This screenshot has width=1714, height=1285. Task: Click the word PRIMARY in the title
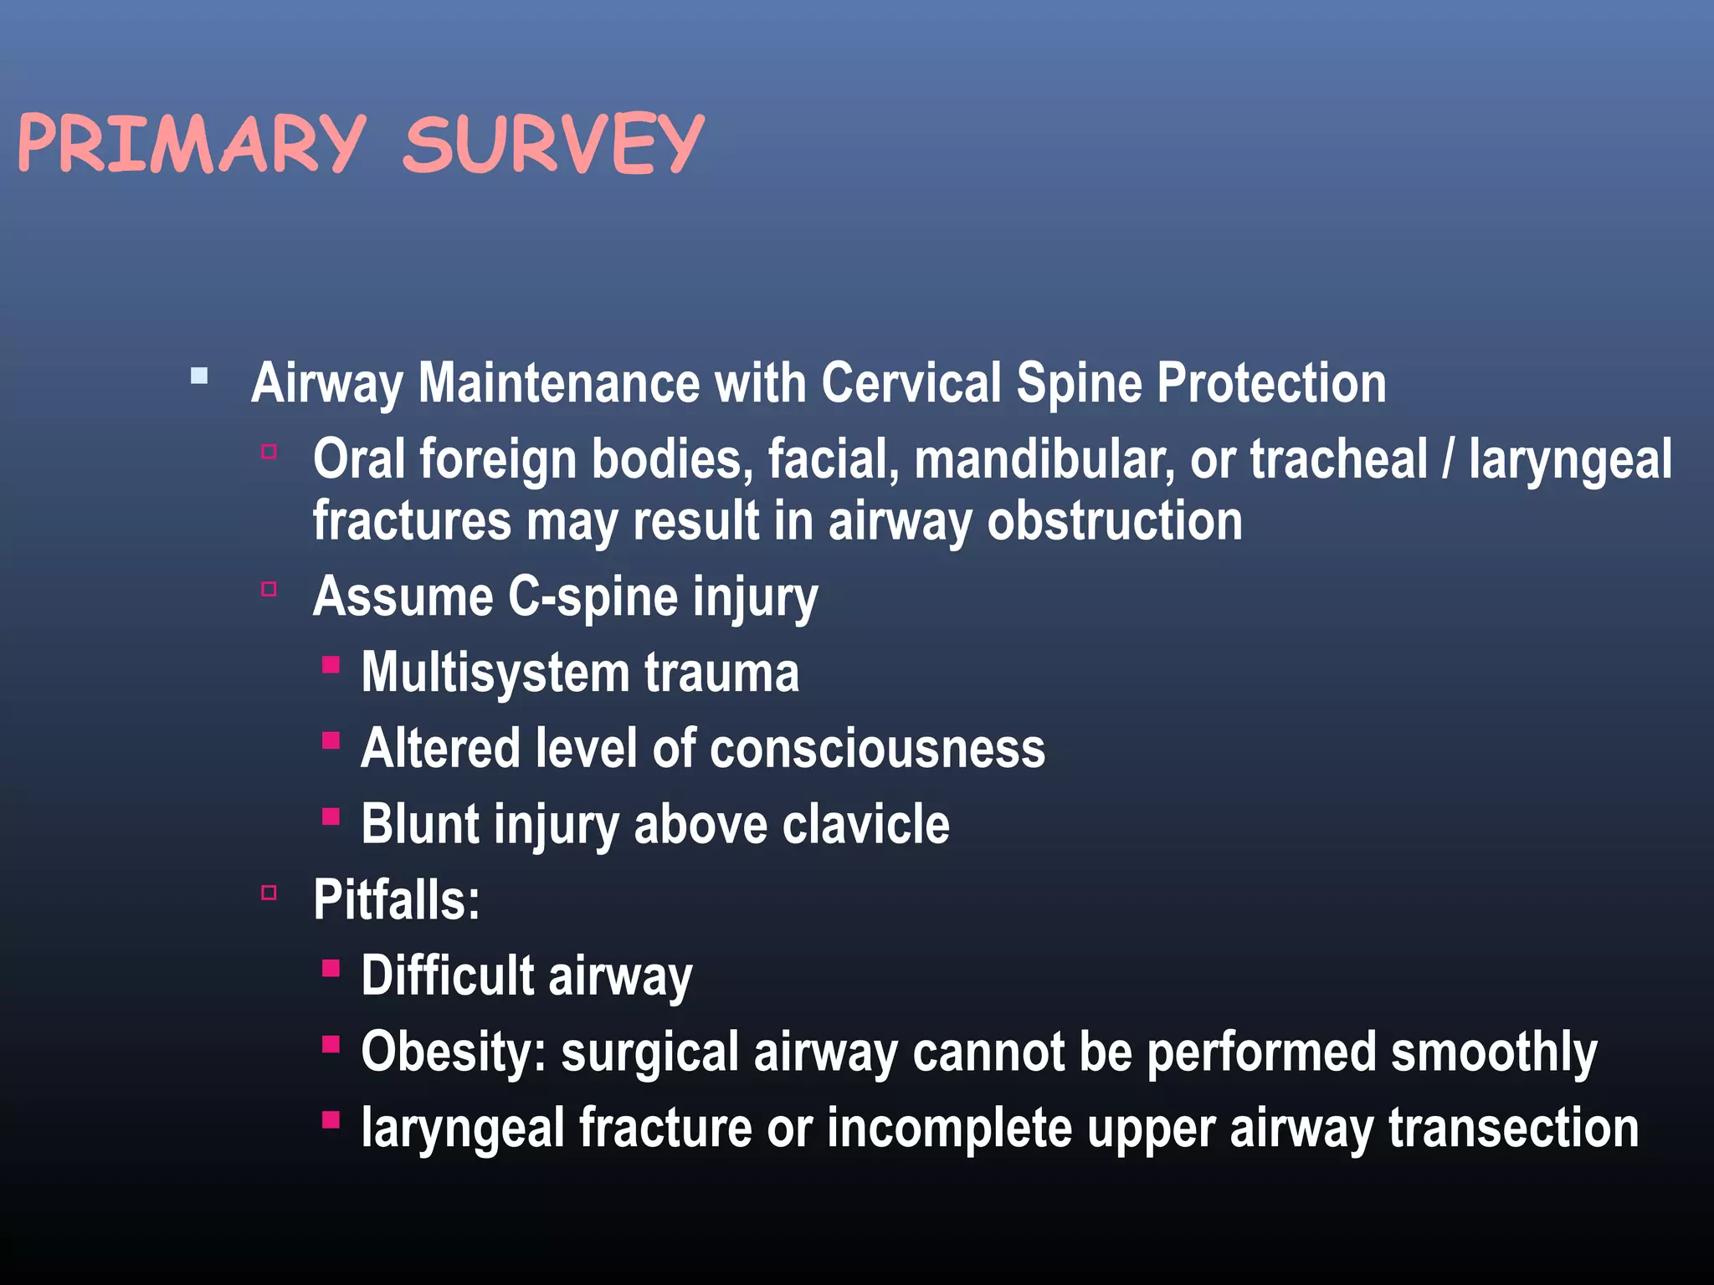coord(191,144)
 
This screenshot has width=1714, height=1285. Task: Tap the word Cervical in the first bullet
coord(911,383)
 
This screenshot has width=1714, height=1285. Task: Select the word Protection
coord(1271,383)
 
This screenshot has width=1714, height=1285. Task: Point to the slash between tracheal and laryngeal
coord(1448,460)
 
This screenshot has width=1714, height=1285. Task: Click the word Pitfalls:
coord(397,900)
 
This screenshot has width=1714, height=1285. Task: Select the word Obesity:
coord(453,1052)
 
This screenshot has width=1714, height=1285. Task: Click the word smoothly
coord(1493,1052)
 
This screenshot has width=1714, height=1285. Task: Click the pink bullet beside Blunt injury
coord(331,816)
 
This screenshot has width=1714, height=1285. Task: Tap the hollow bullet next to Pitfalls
coord(269,893)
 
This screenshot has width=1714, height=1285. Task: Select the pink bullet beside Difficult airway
coord(331,968)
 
